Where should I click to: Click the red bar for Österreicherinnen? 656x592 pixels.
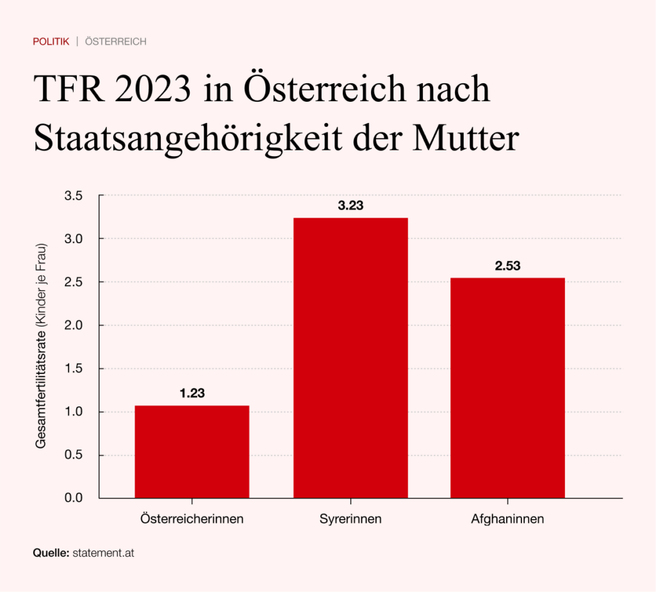(192, 451)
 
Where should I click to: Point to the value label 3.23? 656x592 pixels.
(350, 206)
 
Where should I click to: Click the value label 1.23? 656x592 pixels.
(192, 394)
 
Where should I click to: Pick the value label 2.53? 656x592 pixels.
(507, 266)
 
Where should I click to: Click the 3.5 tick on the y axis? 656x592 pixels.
(75, 196)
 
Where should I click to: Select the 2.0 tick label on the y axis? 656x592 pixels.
(75, 325)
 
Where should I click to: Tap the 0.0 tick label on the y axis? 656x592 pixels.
(75, 498)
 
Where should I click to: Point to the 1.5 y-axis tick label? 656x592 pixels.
(75, 369)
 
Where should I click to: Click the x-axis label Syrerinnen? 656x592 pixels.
(350, 519)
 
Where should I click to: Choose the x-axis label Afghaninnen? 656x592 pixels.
(507, 519)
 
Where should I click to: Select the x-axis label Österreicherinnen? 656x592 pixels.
(192, 519)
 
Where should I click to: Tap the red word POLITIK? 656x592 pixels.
(51, 42)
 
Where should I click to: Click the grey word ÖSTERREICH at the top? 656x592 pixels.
(116, 42)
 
